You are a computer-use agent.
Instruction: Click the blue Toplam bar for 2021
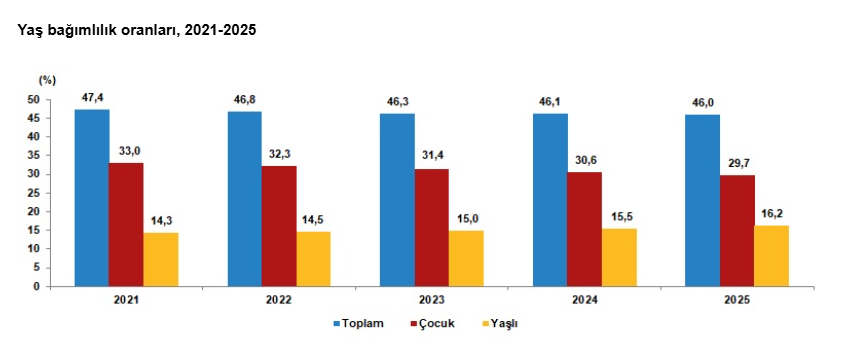coord(92,198)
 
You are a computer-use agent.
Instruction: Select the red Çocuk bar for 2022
coord(279,226)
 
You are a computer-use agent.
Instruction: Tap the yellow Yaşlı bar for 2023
coord(466,258)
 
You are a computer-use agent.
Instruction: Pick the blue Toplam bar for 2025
coord(702,200)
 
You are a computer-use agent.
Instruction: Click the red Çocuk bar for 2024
coord(584,229)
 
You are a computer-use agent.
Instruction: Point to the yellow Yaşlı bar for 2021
coord(161,260)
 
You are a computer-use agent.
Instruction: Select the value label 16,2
coord(771,212)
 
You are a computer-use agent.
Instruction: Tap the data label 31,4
coord(432,156)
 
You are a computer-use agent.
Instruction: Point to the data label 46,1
coord(550,101)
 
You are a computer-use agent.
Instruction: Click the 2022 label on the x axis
coord(279,299)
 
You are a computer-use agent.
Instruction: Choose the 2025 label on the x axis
coord(736,299)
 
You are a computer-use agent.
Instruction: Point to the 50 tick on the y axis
coord(33,100)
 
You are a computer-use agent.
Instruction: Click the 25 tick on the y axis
coord(33,193)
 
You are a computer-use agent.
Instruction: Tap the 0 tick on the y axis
coord(36,286)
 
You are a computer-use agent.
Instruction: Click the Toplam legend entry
coord(357,324)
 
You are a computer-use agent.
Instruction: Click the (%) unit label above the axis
coord(48,79)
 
